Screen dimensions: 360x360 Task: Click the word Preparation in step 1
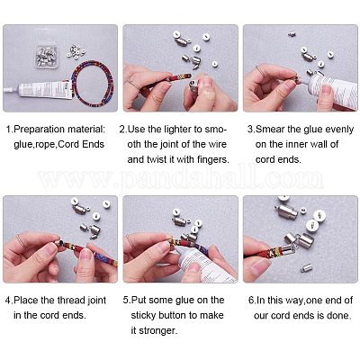(40, 130)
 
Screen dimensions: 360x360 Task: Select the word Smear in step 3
(270, 130)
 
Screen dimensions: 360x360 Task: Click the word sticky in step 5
(143, 316)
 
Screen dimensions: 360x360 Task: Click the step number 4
(9, 301)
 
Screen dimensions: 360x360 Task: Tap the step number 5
(127, 301)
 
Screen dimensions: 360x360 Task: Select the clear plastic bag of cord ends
(47, 56)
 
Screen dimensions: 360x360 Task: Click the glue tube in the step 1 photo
(38, 90)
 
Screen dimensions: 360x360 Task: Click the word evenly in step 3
(339, 130)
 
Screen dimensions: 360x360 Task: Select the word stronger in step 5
(157, 331)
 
